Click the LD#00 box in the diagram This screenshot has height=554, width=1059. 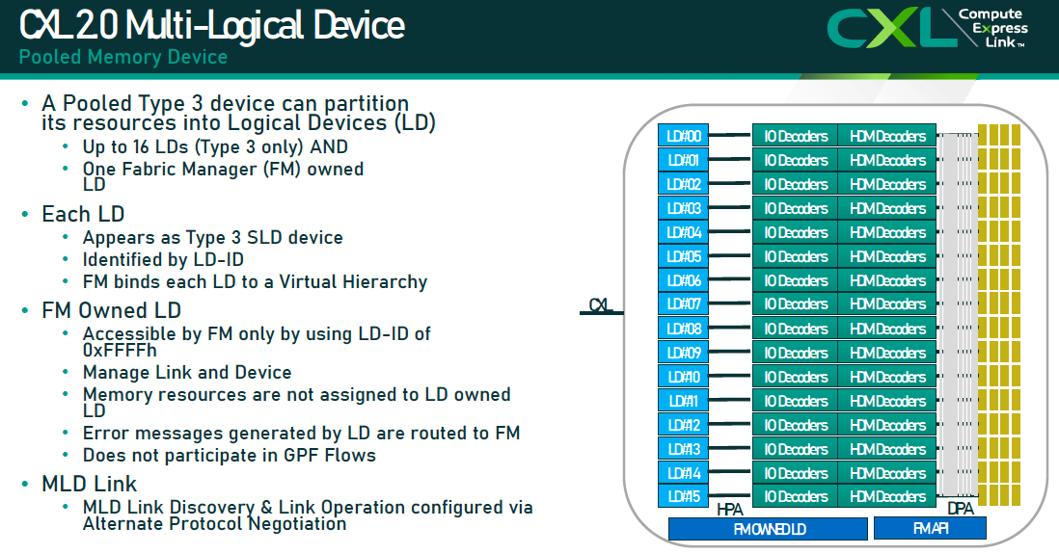coord(684,136)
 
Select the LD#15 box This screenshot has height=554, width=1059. coord(684,497)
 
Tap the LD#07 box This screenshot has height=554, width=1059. coord(684,304)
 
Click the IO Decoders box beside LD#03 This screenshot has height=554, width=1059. coord(795,208)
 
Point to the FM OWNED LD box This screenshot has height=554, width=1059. coord(768,529)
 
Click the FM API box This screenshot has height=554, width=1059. coord(930,528)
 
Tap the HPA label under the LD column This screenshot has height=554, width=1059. coord(730,509)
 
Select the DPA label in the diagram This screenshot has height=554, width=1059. coord(960,509)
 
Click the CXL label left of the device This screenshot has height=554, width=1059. coord(602,305)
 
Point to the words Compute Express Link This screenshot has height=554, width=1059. coord(991,29)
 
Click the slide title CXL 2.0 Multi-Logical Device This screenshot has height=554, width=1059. coord(212,24)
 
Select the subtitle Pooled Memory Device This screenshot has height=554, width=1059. coord(123,57)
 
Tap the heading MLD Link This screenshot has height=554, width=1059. coord(90,484)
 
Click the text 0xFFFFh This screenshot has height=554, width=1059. coord(120,351)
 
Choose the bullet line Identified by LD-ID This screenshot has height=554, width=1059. coord(163,260)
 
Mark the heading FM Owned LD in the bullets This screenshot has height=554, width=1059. coord(112,310)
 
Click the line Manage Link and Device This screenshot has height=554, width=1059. coord(187,372)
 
